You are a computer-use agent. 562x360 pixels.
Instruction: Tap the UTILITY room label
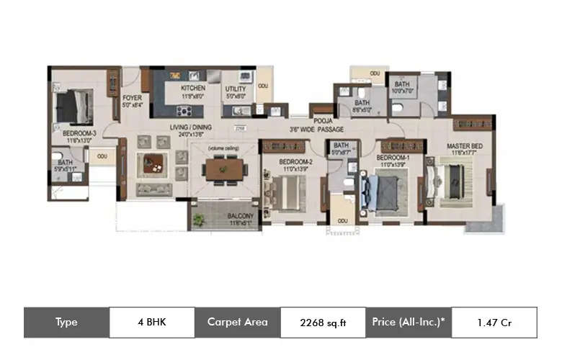click(236, 88)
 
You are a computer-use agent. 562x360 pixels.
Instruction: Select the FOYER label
click(132, 97)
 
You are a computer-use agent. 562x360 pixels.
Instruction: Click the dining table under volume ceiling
click(224, 168)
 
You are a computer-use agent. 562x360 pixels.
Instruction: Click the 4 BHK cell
click(151, 323)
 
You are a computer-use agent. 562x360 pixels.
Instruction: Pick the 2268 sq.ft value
click(322, 323)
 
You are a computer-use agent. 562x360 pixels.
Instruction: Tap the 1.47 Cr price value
click(494, 323)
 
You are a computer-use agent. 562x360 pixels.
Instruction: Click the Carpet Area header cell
click(237, 323)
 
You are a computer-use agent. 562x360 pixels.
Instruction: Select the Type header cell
click(66, 323)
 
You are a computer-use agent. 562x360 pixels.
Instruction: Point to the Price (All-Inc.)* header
click(408, 323)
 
